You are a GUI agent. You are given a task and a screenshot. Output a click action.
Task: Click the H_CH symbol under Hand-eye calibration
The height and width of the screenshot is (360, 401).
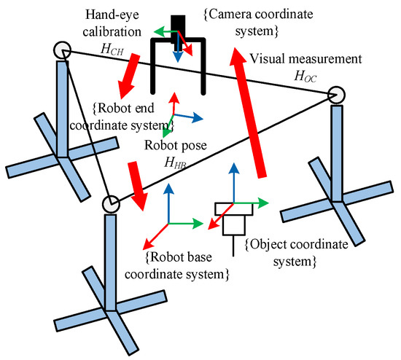click(112, 50)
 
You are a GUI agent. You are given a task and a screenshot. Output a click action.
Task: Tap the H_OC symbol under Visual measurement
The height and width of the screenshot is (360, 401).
click(305, 77)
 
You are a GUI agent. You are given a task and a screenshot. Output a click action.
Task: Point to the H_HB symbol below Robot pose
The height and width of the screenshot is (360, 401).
click(175, 163)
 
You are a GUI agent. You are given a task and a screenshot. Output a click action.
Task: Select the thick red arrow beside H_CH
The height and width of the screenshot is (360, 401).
click(128, 76)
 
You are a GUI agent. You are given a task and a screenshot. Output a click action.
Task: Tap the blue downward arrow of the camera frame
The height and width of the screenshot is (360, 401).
click(178, 47)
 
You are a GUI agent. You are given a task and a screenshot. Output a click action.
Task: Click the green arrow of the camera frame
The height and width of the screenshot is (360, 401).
click(166, 31)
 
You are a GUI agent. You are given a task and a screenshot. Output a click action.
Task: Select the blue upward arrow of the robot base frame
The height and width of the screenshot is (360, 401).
click(168, 203)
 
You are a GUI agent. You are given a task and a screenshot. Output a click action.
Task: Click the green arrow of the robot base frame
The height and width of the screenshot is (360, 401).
click(186, 224)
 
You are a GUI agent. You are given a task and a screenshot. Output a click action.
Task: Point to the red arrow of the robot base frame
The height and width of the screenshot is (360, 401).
click(155, 237)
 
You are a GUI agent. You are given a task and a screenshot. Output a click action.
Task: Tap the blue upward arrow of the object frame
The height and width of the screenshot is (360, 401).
click(233, 183)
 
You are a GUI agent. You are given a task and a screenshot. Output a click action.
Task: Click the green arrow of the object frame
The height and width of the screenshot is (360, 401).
click(251, 203)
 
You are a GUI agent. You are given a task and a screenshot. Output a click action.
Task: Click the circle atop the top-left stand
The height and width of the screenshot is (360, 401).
click(63, 50)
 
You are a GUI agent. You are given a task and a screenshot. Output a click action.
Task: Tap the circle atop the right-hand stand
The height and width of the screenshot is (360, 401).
click(336, 95)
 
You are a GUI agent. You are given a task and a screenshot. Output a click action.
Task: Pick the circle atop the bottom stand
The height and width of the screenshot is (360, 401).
click(111, 204)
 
